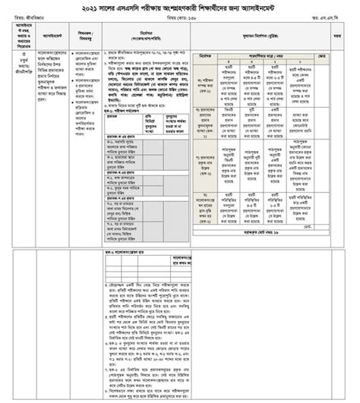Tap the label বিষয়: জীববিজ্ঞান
(x=29, y=20)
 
